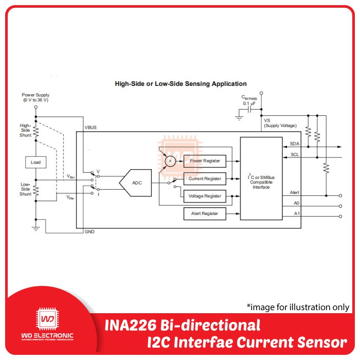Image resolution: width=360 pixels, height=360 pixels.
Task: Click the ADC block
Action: click(136, 183)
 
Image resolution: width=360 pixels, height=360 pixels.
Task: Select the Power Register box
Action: click(205, 161)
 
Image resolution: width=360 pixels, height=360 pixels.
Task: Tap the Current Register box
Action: click(205, 178)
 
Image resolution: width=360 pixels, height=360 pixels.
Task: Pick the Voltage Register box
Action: click(205, 196)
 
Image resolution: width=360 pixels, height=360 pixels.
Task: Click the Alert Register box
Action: click(205, 213)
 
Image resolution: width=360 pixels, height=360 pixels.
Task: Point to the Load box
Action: click(35, 163)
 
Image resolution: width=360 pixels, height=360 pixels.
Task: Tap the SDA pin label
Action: click(295, 144)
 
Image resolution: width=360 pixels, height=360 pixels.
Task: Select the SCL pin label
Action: click(295, 154)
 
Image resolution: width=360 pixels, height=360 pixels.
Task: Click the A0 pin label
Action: click(296, 204)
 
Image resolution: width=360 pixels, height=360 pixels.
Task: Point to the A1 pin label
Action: click(296, 213)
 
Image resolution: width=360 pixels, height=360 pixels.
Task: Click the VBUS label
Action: click(90, 127)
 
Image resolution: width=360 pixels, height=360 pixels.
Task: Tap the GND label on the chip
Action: click(89, 231)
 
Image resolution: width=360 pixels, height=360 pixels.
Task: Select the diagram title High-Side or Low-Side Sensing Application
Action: click(181, 83)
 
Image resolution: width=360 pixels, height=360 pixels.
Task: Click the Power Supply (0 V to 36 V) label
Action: click(35, 98)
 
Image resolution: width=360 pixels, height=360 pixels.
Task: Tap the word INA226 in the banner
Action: click(133, 326)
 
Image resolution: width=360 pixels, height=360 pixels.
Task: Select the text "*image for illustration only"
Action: click(298, 307)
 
